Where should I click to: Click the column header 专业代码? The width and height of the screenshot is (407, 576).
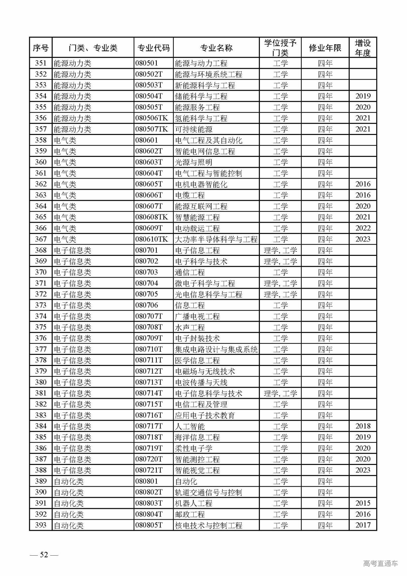pyautogui.click(x=153, y=48)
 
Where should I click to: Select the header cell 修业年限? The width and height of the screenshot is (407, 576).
pyautogui.click(x=325, y=48)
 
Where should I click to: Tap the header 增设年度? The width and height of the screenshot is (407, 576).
pyautogui.click(x=363, y=48)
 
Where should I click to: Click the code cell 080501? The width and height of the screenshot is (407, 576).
pyautogui.click(x=147, y=63)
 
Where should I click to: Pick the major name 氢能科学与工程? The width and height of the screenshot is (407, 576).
pyautogui.click(x=201, y=118)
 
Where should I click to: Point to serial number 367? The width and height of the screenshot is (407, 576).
pyautogui.click(x=41, y=239)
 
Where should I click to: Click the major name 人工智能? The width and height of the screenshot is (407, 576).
pyautogui.click(x=190, y=426)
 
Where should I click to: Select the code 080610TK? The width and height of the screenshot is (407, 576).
pyautogui.click(x=151, y=239)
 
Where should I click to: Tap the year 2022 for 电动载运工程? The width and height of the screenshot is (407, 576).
pyautogui.click(x=363, y=228)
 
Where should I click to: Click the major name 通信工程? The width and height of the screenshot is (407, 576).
pyautogui.click(x=190, y=272)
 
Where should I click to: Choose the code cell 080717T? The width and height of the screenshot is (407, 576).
pyautogui.click(x=149, y=426)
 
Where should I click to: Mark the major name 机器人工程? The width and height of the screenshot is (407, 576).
pyautogui.click(x=194, y=503)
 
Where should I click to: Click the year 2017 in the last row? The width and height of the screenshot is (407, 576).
pyautogui.click(x=363, y=525)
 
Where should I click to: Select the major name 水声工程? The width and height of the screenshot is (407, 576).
pyautogui.click(x=190, y=327)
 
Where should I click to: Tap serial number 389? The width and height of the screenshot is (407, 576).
pyautogui.click(x=41, y=481)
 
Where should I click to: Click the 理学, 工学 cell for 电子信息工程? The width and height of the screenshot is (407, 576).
pyautogui.click(x=280, y=250)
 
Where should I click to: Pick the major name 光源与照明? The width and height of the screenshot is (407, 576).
pyautogui.click(x=194, y=162)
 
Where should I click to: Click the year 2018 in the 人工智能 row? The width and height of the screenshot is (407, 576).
pyautogui.click(x=363, y=426)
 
